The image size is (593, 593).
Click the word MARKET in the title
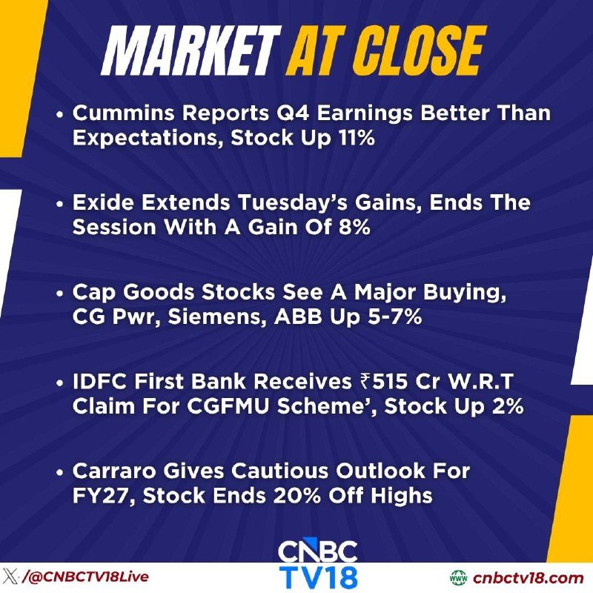tap(192, 51)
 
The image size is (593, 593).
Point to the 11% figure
tap(357, 138)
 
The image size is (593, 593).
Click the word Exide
tap(103, 202)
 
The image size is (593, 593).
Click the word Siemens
tap(215, 317)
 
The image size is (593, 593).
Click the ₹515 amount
tap(384, 382)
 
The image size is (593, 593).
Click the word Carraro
tap(114, 471)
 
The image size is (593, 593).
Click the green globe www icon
tap(459, 577)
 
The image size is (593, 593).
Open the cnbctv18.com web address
tap(528, 578)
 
